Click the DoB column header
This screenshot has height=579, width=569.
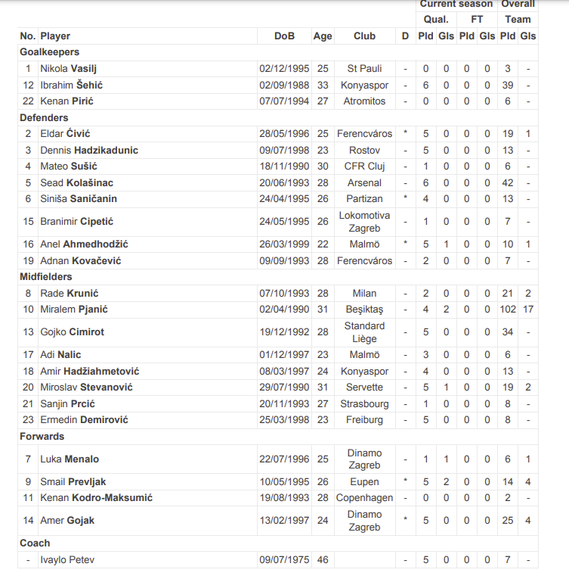point(285,36)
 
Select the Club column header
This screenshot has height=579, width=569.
point(364,36)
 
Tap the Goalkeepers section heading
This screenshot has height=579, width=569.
point(49,52)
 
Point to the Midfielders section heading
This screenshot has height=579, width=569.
point(46,277)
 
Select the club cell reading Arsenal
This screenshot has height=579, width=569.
point(364,182)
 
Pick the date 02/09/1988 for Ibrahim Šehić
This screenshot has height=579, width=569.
point(284,85)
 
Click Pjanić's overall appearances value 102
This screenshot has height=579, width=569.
point(508,310)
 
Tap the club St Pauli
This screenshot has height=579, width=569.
point(364,69)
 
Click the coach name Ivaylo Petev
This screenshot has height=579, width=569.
point(67,560)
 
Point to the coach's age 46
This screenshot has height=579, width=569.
point(323,560)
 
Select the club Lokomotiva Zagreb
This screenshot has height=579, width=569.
point(364,222)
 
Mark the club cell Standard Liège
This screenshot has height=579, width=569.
point(364,332)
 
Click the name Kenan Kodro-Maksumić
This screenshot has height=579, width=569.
point(97,498)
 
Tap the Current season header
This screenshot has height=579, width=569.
point(456,5)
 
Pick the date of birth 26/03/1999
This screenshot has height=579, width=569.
point(284,244)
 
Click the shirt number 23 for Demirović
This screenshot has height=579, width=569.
point(29,420)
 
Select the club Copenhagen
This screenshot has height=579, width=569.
point(364,498)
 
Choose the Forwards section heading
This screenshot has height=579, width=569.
point(42,437)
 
